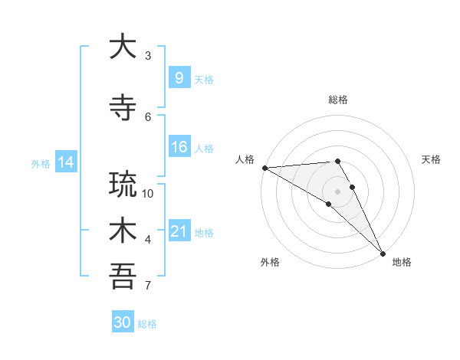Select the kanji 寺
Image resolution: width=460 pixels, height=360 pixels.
[122, 106]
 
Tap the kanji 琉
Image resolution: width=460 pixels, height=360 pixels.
[122, 184]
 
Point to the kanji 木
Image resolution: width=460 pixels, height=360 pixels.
[122, 231]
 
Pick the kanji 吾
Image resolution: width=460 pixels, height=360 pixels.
[122, 277]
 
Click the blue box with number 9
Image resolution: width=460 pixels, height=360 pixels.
[179, 78]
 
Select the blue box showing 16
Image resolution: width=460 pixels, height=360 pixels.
[179, 148]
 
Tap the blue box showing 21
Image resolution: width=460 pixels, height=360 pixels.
[179, 232]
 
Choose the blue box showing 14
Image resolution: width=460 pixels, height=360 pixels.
[65, 162]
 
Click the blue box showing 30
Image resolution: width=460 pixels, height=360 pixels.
[122, 322]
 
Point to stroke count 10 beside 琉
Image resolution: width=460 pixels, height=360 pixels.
[149, 194]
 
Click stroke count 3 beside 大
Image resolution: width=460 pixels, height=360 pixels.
[148, 56]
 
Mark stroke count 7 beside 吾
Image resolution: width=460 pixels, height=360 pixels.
[148, 286]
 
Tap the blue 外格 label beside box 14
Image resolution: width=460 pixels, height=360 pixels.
[41, 163]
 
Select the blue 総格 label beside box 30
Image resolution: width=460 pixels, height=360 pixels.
[147, 324]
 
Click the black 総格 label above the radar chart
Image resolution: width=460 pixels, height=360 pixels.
[337, 100]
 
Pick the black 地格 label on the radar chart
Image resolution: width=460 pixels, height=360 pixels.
[402, 262]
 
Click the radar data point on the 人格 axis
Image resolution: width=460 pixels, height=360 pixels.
[264, 168]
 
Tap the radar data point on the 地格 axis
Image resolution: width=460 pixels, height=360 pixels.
[383, 254]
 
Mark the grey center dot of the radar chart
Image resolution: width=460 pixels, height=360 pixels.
[337, 191]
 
